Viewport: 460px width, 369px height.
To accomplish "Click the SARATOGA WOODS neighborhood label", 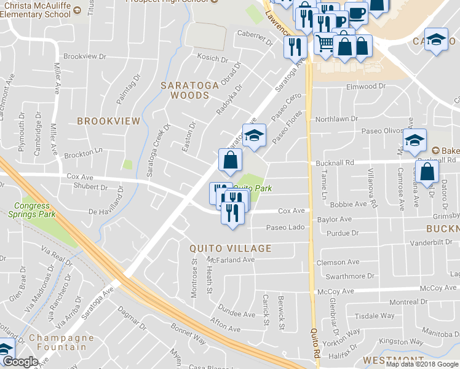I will (x=189, y=90).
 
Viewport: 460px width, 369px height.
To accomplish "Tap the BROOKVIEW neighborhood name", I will (x=108, y=122).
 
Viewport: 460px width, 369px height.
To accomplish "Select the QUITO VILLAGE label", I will (x=231, y=248).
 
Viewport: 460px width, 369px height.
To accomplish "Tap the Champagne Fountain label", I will (x=57, y=343).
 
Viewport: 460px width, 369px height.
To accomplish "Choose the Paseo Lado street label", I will (x=285, y=228).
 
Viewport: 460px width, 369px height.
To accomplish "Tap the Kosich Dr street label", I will (x=213, y=57).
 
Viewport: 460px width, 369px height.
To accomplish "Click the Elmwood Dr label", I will (x=366, y=87).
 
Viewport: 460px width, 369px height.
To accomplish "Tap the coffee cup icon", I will (x=356, y=14).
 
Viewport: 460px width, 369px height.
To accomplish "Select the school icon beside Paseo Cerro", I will (x=253, y=137).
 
